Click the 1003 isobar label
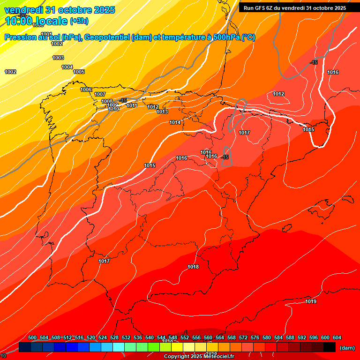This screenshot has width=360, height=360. [x=58, y=58]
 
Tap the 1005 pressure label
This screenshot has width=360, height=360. [x=79, y=72]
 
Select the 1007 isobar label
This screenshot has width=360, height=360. [x=100, y=95]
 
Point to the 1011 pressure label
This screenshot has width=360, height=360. [x=132, y=106]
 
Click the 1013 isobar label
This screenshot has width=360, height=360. [x=162, y=112]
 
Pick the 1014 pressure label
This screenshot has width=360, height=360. [x=175, y=123]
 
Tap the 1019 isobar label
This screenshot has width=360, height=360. [x=310, y=301]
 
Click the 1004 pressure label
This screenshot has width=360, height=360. [x=67, y=67]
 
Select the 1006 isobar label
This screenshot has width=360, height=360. [x=86, y=90]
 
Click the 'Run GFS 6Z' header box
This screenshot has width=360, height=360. [x=294, y=8]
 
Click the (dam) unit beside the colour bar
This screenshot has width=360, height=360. [x=347, y=348]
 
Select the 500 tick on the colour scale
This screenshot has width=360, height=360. [x=32, y=338]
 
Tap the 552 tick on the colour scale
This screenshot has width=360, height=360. [x=185, y=338]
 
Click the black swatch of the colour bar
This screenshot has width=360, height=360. [x=329, y=347]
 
